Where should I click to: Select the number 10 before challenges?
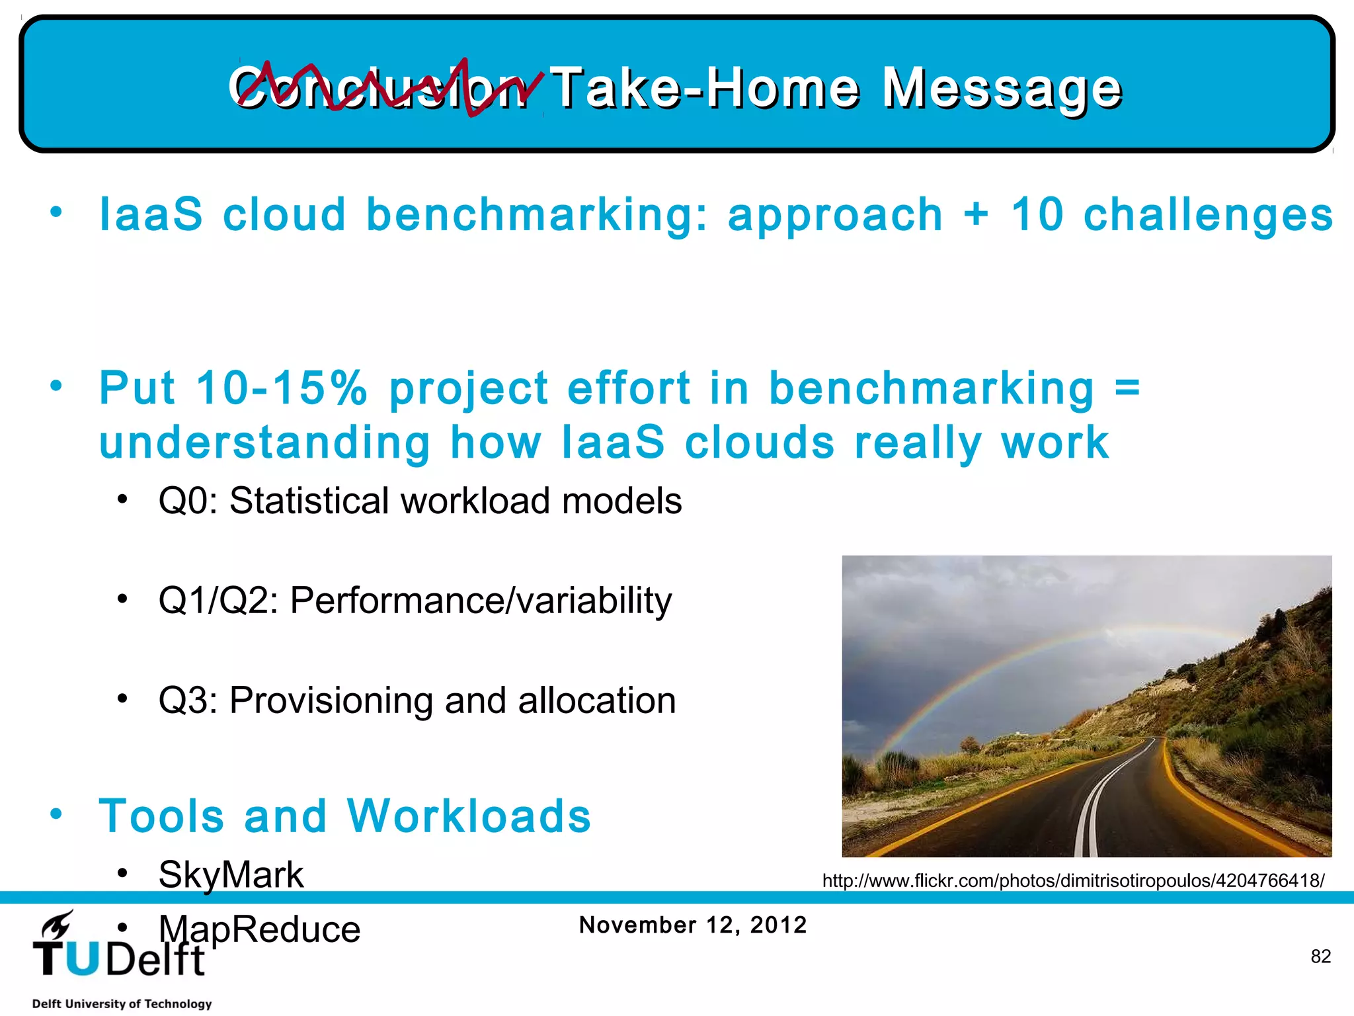coord(1037,215)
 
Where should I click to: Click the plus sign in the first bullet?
coord(976,215)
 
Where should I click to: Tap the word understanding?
coord(264,443)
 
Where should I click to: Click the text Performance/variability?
coord(481,601)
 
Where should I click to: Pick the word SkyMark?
coord(231,875)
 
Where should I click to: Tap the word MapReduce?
coord(259,929)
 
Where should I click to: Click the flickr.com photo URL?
coord(1073,881)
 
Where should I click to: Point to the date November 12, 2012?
coord(693,925)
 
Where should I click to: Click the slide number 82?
coord(1320,956)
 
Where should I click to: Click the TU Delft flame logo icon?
coord(58,924)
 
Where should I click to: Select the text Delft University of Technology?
coord(122,1003)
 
